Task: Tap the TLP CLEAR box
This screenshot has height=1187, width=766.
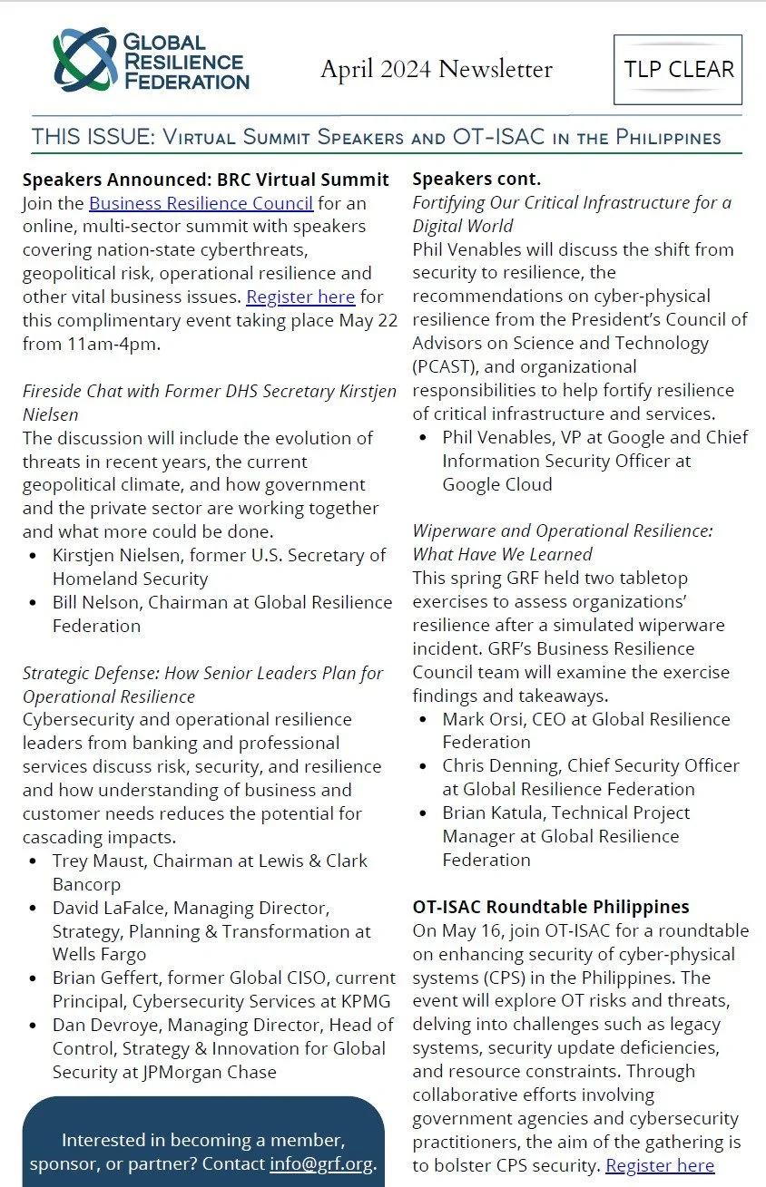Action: tap(678, 70)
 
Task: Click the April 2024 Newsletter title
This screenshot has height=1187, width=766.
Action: tap(436, 69)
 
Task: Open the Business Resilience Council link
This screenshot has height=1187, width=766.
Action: tap(201, 203)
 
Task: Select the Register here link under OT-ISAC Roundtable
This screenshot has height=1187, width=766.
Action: tap(660, 1165)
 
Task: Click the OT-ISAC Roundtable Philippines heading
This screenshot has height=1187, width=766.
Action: tap(550, 907)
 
